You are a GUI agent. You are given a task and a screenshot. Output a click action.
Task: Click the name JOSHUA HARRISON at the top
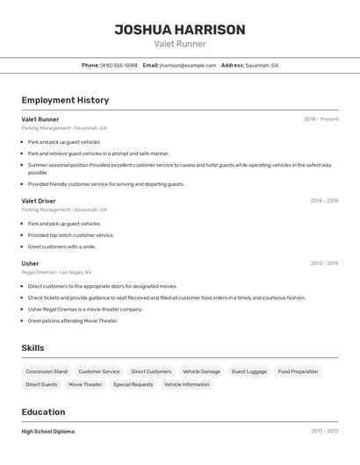180,30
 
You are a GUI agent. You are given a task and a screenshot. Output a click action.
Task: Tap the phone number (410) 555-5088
119,65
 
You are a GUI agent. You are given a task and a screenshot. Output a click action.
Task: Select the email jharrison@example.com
187,65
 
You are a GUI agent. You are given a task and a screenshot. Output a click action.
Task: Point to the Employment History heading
65,100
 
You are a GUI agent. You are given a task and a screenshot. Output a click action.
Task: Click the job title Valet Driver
39,201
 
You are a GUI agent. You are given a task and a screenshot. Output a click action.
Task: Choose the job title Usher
30,263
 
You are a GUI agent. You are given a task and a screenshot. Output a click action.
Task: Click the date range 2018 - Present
320,119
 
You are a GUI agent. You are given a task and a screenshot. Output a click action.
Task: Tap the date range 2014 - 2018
324,201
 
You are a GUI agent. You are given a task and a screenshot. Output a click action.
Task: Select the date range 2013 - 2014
324,263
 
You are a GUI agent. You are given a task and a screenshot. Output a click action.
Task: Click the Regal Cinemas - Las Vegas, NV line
56,272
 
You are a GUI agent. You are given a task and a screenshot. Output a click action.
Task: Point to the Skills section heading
32,348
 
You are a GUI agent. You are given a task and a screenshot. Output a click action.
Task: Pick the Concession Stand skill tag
47,372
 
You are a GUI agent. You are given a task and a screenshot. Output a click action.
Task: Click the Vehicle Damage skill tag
201,372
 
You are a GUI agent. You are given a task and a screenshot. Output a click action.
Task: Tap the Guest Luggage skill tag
248,372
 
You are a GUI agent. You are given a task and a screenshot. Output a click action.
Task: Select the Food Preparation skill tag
298,372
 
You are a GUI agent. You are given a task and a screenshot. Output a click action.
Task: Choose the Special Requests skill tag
133,384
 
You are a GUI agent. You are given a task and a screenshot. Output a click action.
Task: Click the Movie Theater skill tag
85,384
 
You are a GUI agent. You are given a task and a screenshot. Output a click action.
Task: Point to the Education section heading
43,411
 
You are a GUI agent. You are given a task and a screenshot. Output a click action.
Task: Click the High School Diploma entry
48,432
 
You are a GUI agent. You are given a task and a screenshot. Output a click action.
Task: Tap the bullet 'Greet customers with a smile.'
61,247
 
